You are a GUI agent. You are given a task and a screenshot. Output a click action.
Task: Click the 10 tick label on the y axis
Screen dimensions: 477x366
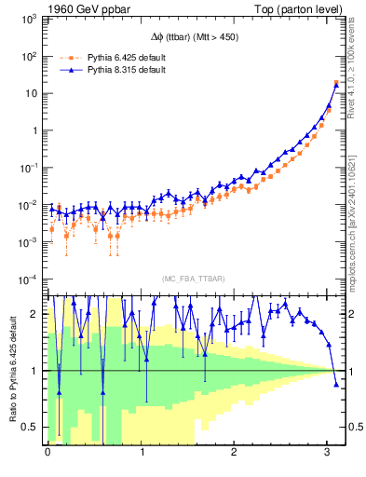pos(31,93)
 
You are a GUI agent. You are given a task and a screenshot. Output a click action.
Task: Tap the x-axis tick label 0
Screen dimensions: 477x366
pos(47,451)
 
